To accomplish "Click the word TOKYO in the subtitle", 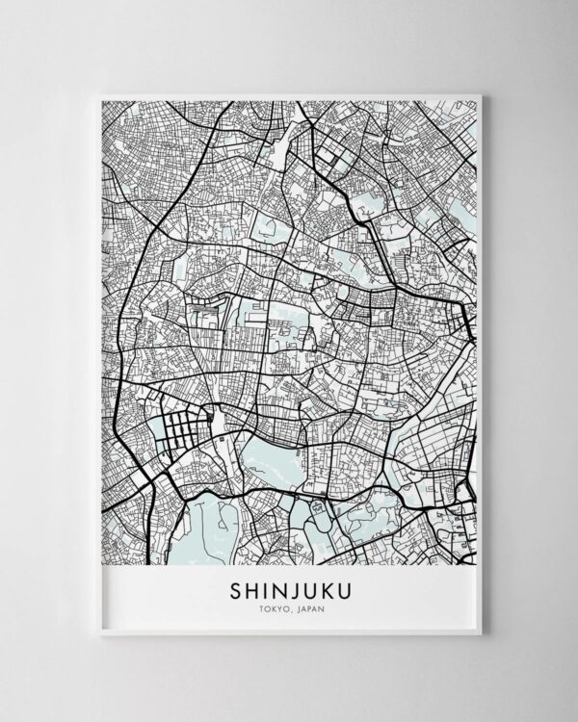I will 271,606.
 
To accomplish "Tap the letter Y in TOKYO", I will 276,606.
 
